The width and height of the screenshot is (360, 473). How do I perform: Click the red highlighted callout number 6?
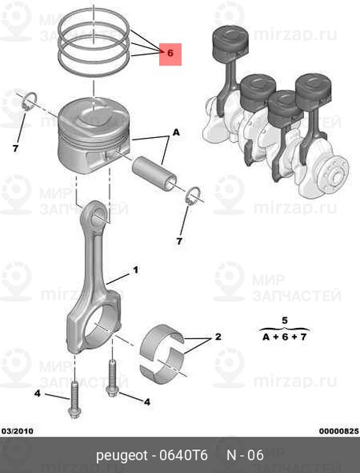click(x=170, y=54)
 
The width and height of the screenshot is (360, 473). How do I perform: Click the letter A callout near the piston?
click(x=176, y=132)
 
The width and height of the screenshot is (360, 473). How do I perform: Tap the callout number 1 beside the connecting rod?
click(x=135, y=270)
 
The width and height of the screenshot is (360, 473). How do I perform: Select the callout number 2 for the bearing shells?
click(x=218, y=337)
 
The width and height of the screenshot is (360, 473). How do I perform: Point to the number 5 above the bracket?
click(x=284, y=320)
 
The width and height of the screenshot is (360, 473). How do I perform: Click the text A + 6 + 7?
click(x=284, y=337)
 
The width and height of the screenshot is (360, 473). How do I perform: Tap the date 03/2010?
click(x=17, y=431)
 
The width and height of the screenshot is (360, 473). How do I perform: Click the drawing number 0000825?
click(x=339, y=431)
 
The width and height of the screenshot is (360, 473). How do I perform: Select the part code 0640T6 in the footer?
click(x=184, y=455)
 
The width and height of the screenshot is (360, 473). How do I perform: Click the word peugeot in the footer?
click(x=122, y=456)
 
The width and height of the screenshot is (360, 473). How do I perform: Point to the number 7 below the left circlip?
click(x=16, y=148)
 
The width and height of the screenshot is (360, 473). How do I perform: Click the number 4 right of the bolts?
click(x=147, y=402)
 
